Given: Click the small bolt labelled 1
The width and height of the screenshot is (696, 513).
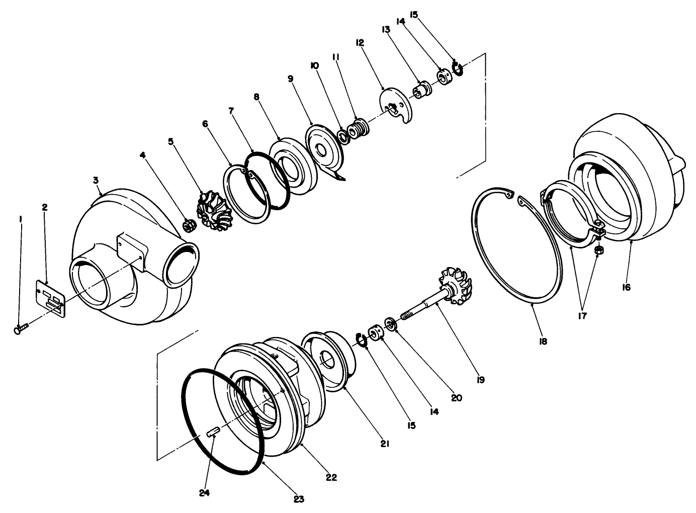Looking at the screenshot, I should point(21,329).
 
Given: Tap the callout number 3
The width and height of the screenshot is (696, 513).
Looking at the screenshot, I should point(96,180).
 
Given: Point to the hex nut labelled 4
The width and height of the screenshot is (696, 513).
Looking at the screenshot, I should point(190,226).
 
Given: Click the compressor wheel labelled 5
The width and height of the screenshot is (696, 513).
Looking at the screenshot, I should point(213,212).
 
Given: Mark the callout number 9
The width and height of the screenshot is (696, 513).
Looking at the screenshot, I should point(290,79).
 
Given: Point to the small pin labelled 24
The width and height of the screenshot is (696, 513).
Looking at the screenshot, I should point(213,432).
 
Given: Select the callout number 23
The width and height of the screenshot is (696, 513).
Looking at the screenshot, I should point(299,499).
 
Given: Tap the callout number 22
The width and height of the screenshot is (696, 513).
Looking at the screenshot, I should point(331,477).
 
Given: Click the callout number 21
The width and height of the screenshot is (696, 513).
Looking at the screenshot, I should point(385,444).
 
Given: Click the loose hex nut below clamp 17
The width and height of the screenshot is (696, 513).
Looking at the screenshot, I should point(599,250).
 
